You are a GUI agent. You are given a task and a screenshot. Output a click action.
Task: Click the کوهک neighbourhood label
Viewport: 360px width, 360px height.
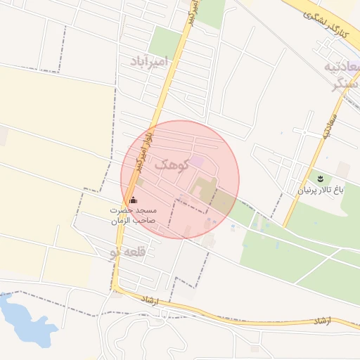click(x=170, y=165)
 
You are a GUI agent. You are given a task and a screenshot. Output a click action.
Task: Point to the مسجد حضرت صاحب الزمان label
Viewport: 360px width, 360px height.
click(x=133, y=216)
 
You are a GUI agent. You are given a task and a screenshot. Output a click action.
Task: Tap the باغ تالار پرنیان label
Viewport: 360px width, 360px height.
click(x=321, y=189)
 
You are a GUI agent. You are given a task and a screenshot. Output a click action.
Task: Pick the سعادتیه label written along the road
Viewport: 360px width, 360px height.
click(x=326, y=128)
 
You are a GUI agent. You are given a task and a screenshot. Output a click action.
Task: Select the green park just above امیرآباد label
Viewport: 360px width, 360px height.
click(x=165, y=42)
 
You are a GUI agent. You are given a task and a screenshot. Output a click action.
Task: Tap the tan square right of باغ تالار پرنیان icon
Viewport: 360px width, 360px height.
click(x=342, y=169)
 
